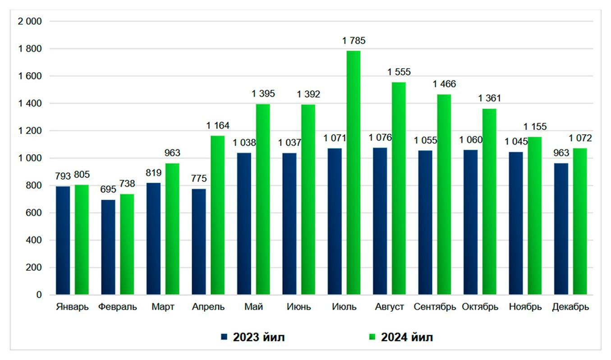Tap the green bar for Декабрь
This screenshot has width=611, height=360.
[580, 222]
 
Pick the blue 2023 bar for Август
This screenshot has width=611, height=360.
[380, 221]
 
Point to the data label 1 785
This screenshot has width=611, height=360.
[354, 41]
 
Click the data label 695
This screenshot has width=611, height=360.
[108, 189]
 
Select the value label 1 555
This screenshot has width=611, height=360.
[399, 72]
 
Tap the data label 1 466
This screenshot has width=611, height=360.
[444, 84]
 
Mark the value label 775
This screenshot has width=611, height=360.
[199, 178]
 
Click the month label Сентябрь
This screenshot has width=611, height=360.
[435, 307]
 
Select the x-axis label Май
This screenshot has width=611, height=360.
[254, 307]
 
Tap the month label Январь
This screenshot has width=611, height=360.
[72, 307]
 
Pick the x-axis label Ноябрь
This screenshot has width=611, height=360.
[525, 307]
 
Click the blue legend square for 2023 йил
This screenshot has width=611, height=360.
[224, 337]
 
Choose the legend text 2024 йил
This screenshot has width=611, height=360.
[407, 337]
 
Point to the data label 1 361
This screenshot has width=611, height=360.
[490, 98]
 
